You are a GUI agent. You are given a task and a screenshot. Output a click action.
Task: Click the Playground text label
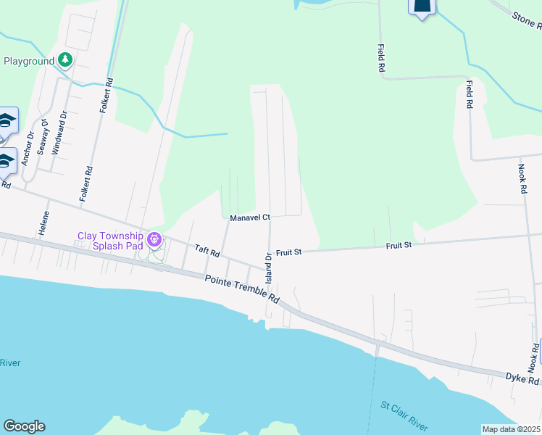pyautogui.click(x=29, y=61)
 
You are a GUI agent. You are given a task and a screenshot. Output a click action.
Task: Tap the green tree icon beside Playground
pyautogui.click(x=66, y=60)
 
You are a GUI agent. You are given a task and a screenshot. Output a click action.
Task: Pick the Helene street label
pyautogui.click(x=46, y=224)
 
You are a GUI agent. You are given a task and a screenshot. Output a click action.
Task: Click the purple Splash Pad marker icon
pyautogui.click(x=154, y=239)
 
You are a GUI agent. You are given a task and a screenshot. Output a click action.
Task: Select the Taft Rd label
pyautogui.click(x=207, y=251)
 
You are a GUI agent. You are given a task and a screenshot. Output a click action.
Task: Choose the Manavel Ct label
pyautogui.click(x=249, y=217)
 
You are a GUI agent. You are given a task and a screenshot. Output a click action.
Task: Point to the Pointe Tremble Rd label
pyautogui.click(x=242, y=289)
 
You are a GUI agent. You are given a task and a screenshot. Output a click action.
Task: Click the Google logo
pyautogui.click(x=24, y=426)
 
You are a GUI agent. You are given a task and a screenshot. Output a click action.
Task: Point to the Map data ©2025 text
pyautogui.click(x=512, y=429)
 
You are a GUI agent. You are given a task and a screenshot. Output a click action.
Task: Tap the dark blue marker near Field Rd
pyautogui.click(x=422, y=7)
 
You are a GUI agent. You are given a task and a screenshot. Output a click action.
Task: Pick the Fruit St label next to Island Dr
pyautogui.click(x=288, y=252)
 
